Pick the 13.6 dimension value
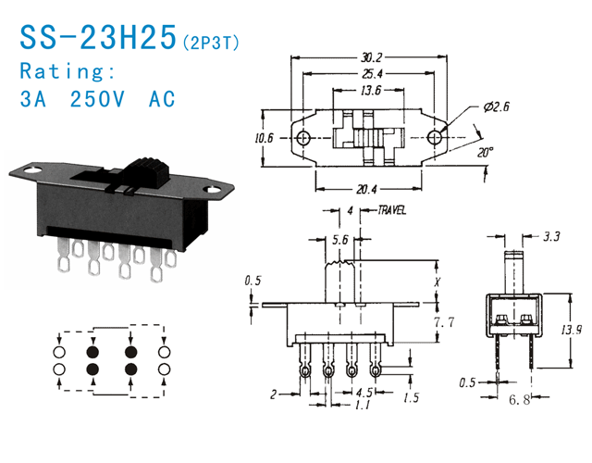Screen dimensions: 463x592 pyautogui.click(x=371, y=90)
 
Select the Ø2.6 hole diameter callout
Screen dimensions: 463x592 pyautogui.click(x=498, y=108)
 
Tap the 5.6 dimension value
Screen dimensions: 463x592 pyautogui.click(x=339, y=239)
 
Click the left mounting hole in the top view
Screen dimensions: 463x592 pyautogui.click(x=303, y=138)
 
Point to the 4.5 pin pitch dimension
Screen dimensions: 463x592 pyautogui.click(x=364, y=392)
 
